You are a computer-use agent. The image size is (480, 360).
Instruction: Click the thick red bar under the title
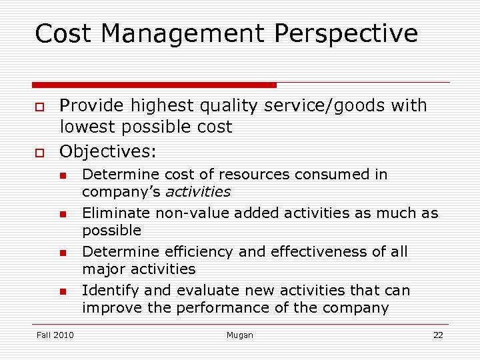coord(154,85)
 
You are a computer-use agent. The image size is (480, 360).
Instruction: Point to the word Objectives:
coord(108,151)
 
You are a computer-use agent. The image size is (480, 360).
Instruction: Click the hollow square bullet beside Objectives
coord(40,153)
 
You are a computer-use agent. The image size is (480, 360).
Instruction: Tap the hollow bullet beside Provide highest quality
coord(40,107)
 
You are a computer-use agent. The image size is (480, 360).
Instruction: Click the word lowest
coord(91,127)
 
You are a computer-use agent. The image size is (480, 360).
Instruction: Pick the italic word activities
coord(197,192)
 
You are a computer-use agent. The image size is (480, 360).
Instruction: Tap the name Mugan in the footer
coord(240,335)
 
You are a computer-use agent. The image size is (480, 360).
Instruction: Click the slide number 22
coord(438,335)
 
